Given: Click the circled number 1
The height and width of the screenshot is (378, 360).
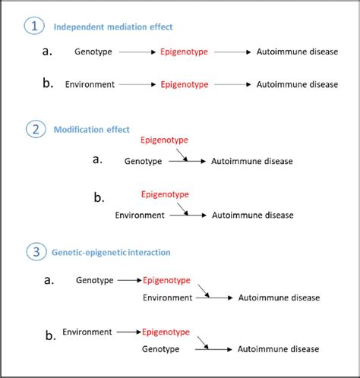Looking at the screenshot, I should click(x=33, y=27).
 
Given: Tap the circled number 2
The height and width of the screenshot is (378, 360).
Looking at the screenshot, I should click(x=33, y=129).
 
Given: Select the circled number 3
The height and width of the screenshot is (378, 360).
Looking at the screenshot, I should click(x=33, y=251).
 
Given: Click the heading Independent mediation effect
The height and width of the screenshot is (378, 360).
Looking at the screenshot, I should click(x=113, y=27).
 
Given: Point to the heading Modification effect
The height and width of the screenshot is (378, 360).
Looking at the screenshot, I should click(x=91, y=130).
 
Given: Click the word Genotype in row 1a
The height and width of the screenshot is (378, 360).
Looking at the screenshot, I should click(x=93, y=52).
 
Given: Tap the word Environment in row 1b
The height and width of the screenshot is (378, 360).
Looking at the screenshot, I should click(x=90, y=84).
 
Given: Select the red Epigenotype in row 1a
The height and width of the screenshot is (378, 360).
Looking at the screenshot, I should click(x=185, y=52).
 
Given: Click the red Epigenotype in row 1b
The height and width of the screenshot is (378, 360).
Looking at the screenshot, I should click(x=185, y=84).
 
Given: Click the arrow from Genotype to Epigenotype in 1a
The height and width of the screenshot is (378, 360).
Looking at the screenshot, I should click(x=137, y=52).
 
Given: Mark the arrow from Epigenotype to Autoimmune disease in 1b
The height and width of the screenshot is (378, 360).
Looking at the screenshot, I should click(x=232, y=84).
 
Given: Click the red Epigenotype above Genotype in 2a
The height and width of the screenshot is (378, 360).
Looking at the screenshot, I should click(x=165, y=140).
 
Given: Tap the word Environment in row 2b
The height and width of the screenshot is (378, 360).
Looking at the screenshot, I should click(x=140, y=215).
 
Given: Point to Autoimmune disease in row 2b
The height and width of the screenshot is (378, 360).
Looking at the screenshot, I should click(x=251, y=215).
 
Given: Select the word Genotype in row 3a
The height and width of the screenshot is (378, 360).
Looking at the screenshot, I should click(x=95, y=281).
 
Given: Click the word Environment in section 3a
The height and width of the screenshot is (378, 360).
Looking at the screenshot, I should click(x=167, y=298).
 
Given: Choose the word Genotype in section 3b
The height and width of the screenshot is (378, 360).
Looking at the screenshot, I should click(x=161, y=349).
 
